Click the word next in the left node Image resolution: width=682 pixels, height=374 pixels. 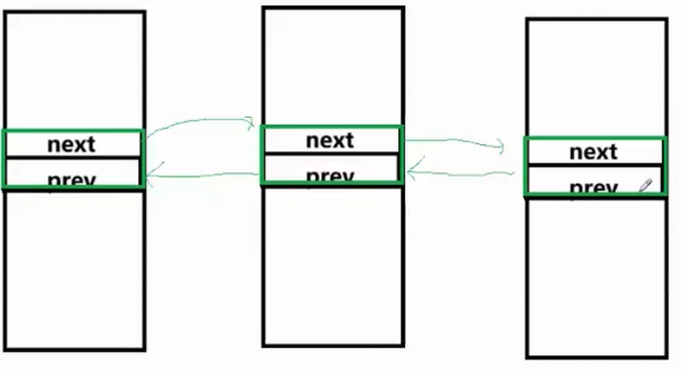click(71, 144)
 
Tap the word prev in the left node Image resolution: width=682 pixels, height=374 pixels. click(71, 180)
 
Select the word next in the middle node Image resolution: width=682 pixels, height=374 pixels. click(330, 140)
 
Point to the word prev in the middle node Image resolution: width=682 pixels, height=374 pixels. click(330, 175)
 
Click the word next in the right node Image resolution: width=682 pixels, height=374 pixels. click(593, 152)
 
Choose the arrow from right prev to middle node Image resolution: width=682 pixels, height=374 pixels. click(464, 174)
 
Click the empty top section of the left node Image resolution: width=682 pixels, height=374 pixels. click(74, 69)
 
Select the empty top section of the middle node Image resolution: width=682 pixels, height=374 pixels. click(332, 66)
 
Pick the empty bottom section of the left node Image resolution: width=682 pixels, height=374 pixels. click(74, 269)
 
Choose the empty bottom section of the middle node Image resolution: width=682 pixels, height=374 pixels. click(332, 265)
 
